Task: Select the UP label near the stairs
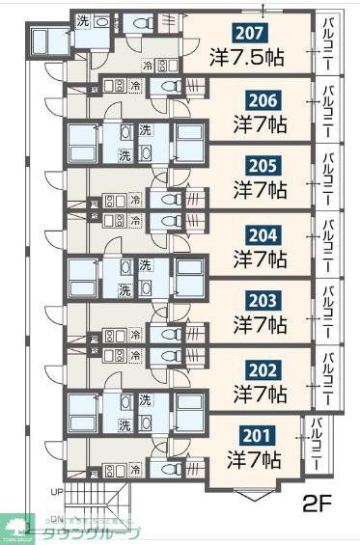[56, 491]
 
